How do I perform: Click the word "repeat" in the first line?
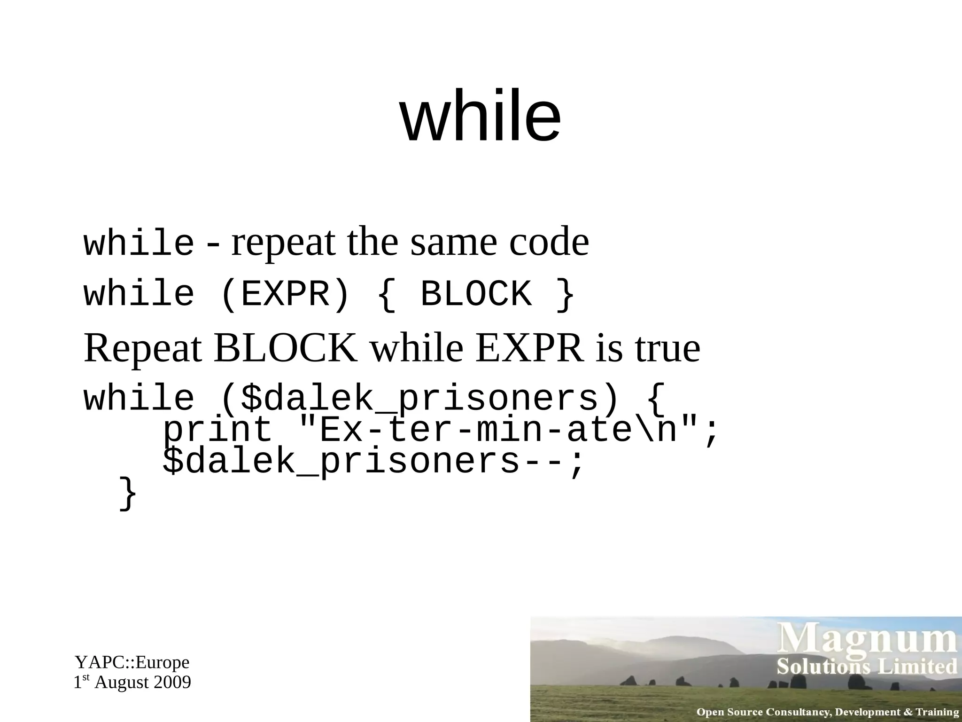pyautogui.click(x=283, y=242)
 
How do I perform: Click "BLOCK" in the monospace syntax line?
pyautogui.click(x=476, y=294)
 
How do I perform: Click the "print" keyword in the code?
pyautogui.click(x=217, y=431)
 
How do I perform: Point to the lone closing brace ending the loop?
pyautogui.click(x=127, y=493)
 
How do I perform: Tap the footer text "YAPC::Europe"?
pyautogui.click(x=132, y=662)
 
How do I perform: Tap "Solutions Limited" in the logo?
pyautogui.click(x=867, y=667)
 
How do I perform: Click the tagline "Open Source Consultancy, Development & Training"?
pyautogui.click(x=828, y=712)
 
